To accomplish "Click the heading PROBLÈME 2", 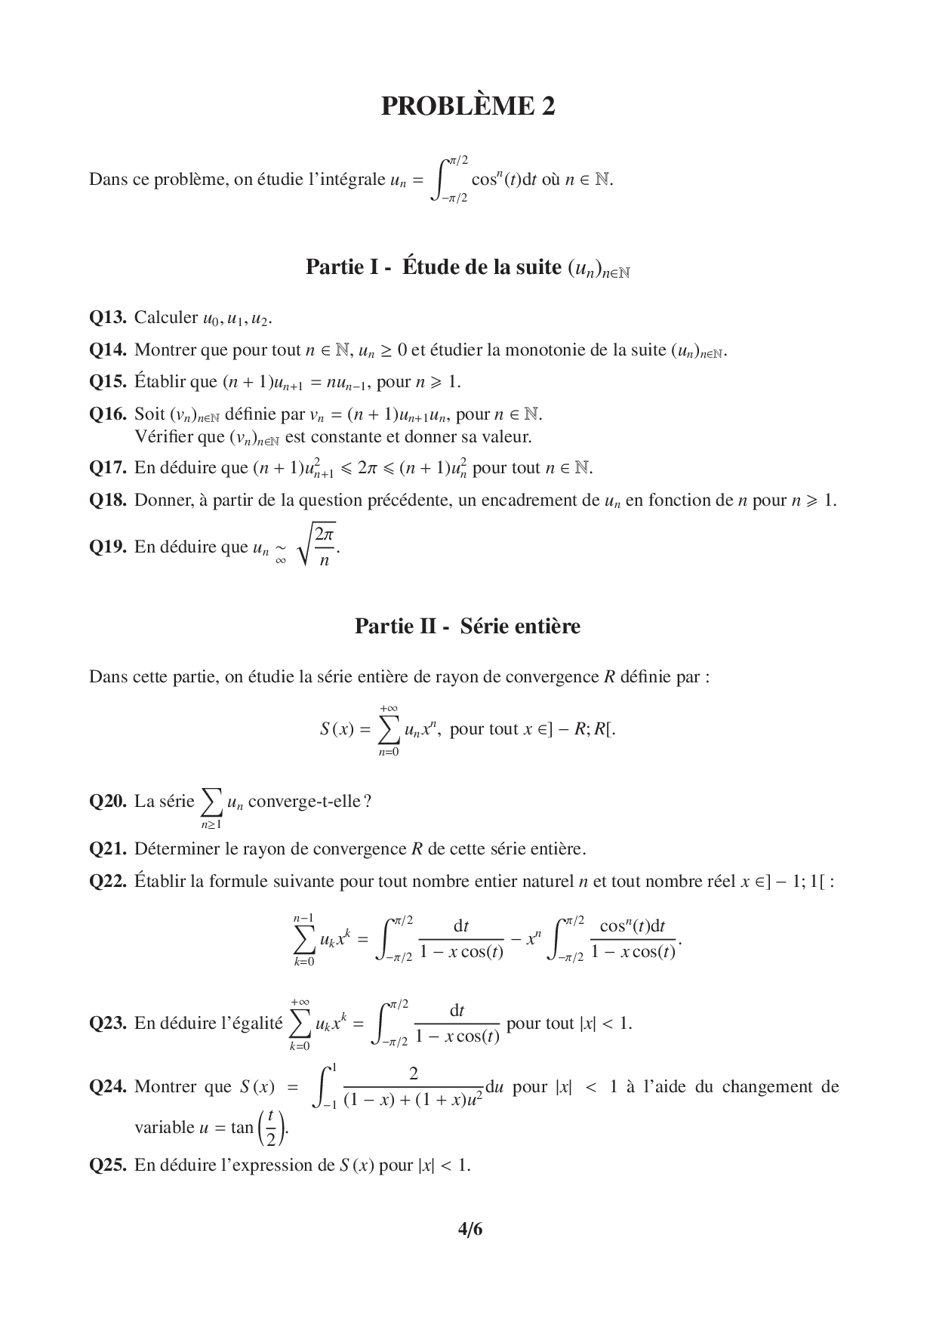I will point(467,106).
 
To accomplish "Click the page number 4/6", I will point(469,1230).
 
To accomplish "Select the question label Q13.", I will point(107,318).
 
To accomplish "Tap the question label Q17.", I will point(107,468).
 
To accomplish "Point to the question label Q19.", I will point(107,547).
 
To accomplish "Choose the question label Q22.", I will point(107,881).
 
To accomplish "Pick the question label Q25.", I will point(107,1165).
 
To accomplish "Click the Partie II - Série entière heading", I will point(467,627).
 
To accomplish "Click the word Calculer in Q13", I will point(165,318).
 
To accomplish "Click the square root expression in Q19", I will point(318,547).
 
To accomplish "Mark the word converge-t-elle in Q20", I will point(309,801).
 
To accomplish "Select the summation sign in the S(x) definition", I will point(389,728).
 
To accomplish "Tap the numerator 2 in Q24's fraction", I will point(413,1073).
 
